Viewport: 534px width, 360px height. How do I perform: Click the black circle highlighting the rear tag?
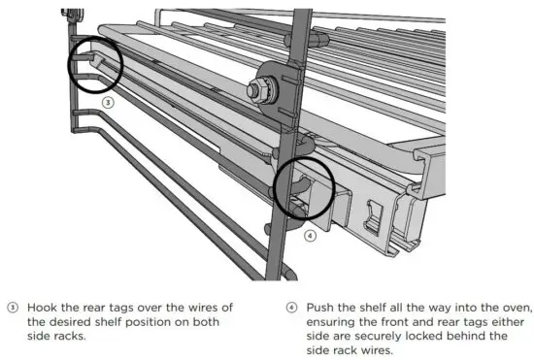pyautogui.click(x=94, y=65)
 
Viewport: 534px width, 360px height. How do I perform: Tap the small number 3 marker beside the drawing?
pyautogui.click(x=109, y=100)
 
